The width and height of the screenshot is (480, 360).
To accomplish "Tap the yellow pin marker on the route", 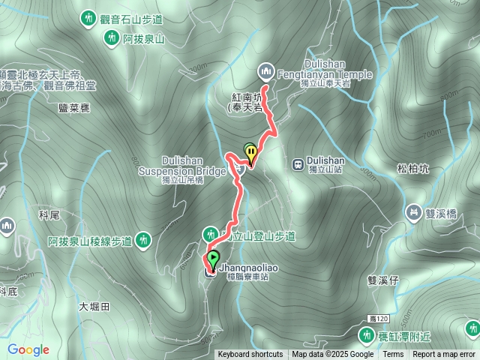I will point(251,153).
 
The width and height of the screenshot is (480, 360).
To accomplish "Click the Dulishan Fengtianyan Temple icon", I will point(265,72).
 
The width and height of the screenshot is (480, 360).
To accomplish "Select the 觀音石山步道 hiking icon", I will point(89,16).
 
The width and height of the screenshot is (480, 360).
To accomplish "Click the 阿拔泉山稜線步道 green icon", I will point(143,241).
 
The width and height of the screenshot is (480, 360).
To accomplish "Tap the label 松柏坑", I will point(413,169).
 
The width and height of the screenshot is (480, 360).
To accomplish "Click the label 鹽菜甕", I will point(73,108).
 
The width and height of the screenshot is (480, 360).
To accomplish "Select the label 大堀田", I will point(94,306).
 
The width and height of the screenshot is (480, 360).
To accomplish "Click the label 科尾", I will point(49,215).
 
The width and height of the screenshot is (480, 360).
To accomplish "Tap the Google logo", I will point(28,349).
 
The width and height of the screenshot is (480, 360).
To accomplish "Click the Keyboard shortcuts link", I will point(250,355).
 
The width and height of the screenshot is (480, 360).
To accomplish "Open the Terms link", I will point(393,355).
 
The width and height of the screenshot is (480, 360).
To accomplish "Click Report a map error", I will point(445,355).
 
